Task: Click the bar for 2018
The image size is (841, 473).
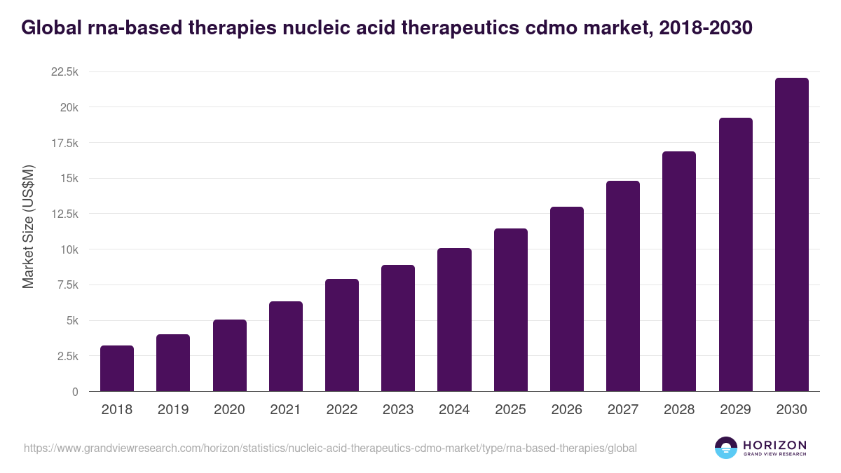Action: pyautogui.click(x=117, y=368)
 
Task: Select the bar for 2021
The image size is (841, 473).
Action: pyautogui.click(x=285, y=346)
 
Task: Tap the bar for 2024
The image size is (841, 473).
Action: pyautogui.click(x=454, y=320)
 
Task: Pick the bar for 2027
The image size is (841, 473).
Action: pyautogui.click(x=622, y=286)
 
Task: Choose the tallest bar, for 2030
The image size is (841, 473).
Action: pyautogui.click(x=791, y=235)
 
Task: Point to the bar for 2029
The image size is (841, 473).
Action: pyautogui.click(x=735, y=254)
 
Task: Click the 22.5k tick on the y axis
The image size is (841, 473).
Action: pyautogui.click(x=63, y=72)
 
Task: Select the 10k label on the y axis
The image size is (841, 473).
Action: pyautogui.click(x=68, y=249)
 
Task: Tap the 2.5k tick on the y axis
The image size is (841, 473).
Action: pyautogui.click(x=66, y=356)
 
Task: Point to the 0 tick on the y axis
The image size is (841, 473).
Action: pyautogui.click(x=74, y=392)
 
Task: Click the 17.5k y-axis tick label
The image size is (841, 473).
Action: pyautogui.click(x=63, y=143)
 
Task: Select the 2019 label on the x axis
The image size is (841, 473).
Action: pyautogui.click(x=173, y=410)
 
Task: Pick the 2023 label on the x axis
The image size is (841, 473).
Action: pyautogui.click(x=398, y=410)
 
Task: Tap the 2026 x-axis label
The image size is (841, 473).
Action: pyautogui.click(x=566, y=410)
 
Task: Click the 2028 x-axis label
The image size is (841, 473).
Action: pyautogui.click(x=679, y=410)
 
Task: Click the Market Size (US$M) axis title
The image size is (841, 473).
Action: pyautogui.click(x=28, y=226)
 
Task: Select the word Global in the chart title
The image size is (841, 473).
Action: pyautogui.click(x=53, y=28)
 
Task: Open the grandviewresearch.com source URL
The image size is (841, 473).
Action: pyautogui.click(x=330, y=448)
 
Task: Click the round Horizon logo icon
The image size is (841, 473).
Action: pyautogui.click(x=725, y=448)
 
